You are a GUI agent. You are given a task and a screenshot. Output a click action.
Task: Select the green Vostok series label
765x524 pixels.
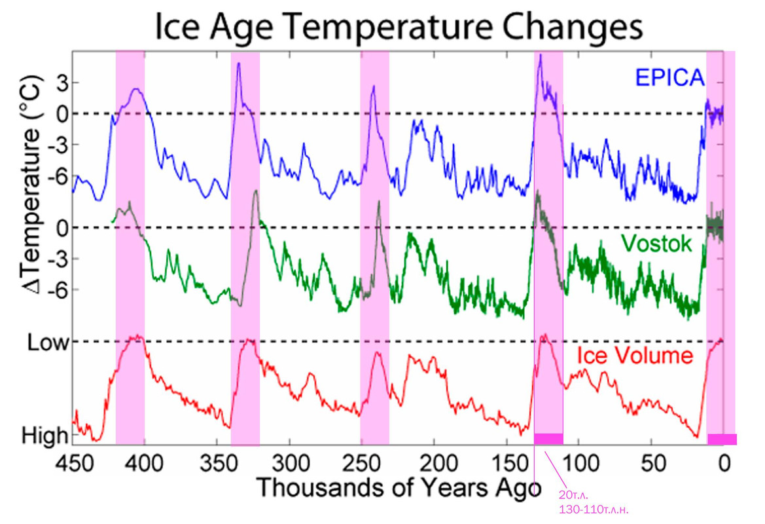point(656,244)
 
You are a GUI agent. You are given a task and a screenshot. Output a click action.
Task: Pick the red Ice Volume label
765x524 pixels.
point(634,356)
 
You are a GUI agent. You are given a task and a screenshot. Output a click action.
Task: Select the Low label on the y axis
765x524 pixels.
point(46,342)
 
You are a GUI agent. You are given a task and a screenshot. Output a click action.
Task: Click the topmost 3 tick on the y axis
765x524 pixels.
point(62,83)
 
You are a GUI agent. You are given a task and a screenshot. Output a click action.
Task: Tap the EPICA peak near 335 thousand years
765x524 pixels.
point(238,64)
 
